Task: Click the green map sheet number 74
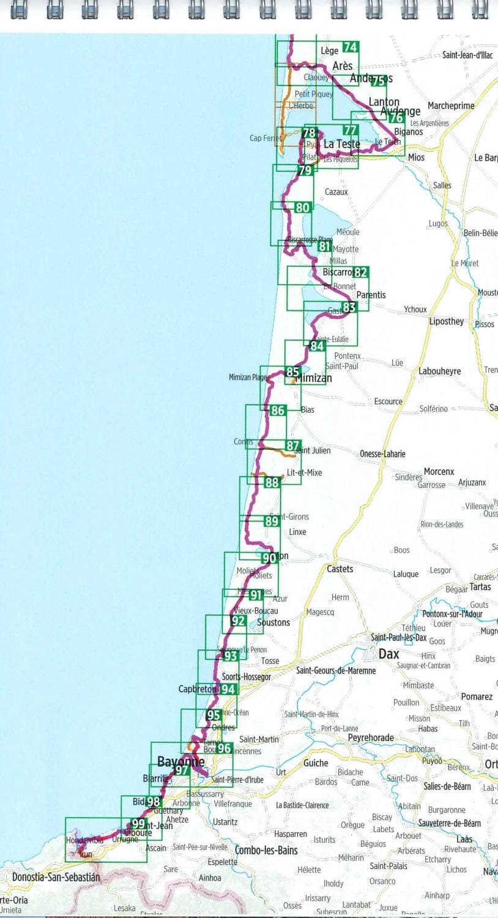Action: pyautogui.click(x=351, y=48)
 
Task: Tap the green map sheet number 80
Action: pyautogui.click(x=302, y=208)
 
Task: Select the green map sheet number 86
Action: pyautogui.click(x=278, y=411)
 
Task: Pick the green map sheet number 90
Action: pyautogui.click(x=269, y=558)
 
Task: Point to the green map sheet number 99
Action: pyautogui.click(x=138, y=824)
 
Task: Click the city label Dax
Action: pyautogui.click(x=388, y=654)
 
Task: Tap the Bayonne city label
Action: pyautogui.click(x=180, y=761)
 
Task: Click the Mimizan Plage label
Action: pyautogui.click(x=248, y=378)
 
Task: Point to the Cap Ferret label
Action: pyautogui.click(x=266, y=138)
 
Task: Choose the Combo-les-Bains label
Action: pyautogui.click(x=266, y=850)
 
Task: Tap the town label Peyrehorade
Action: pyautogui.click(x=371, y=737)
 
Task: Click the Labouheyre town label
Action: pyautogui.click(x=440, y=371)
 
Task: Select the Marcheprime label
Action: pyautogui.click(x=451, y=106)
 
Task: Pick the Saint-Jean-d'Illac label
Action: pyautogui.click(x=467, y=55)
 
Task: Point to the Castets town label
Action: pyautogui.click(x=340, y=569)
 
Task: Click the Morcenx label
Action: pyautogui.click(x=439, y=472)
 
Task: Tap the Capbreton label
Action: pyautogui.click(x=197, y=689)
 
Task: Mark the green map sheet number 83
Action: pyautogui.click(x=349, y=307)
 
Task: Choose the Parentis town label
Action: pyautogui.click(x=371, y=294)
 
